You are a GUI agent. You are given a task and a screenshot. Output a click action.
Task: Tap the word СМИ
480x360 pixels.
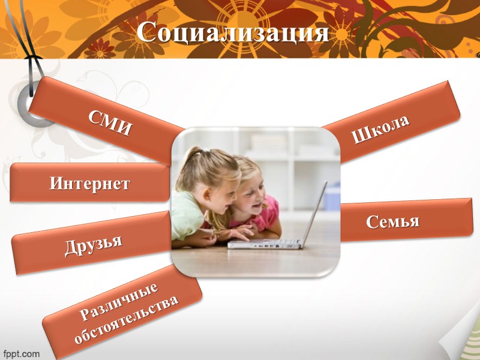coord(110,122)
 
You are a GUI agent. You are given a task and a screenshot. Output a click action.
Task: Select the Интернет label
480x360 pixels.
coord(89,183)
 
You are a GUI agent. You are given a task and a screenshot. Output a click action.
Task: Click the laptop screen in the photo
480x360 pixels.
coord(314,210)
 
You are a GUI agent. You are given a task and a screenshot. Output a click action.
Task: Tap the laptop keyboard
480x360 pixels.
coord(264,243)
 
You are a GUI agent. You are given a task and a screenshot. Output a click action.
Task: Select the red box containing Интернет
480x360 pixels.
coord(36,183)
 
